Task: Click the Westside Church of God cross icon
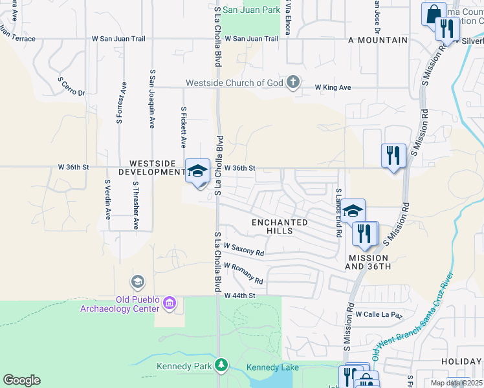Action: [x=293, y=82]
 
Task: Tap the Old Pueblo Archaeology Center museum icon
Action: [x=170, y=302]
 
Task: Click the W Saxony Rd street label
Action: [x=244, y=249]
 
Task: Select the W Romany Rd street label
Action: [x=243, y=274]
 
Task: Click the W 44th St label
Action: [x=241, y=296]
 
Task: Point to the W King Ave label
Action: [x=333, y=87]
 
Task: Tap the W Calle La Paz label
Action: [x=379, y=315]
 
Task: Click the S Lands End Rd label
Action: [x=338, y=212]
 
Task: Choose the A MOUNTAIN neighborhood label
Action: [x=378, y=40]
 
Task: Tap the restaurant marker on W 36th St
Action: [x=393, y=155]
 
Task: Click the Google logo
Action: [x=21, y=380]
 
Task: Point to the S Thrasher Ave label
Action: [x=136, y=206]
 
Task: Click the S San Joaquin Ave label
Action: [x=152, y=99]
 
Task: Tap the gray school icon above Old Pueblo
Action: [x=137, y=282]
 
